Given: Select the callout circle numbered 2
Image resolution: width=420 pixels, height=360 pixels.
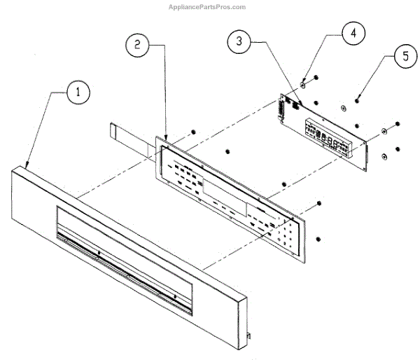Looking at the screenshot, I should [137, 45].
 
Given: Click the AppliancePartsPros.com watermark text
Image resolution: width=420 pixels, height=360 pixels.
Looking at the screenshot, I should [207, 7].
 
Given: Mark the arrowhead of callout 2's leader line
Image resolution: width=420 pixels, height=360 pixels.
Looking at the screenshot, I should [166, 138].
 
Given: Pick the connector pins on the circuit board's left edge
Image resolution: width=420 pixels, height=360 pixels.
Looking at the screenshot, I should [281, 109].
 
